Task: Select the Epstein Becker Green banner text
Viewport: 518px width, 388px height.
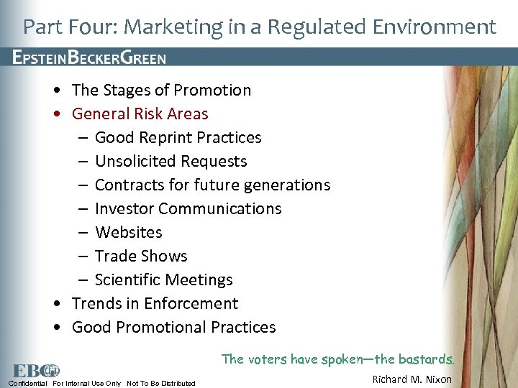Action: click(89, 58)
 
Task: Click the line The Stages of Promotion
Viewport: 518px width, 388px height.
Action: click(161, 90)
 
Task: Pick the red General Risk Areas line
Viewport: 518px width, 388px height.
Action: click(140, 114)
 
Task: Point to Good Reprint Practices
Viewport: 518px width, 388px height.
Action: click(178, 137)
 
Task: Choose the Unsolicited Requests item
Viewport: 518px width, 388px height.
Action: click(171, 161)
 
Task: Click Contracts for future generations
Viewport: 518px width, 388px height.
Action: click(212, 185)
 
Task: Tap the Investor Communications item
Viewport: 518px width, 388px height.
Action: click(188, 208)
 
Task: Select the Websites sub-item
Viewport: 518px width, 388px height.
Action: click(128, 232)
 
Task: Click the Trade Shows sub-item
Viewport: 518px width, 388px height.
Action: click(141, 256)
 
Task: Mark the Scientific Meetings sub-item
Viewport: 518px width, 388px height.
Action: click(163, 280)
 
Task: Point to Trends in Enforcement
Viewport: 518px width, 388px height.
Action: click(155, 303)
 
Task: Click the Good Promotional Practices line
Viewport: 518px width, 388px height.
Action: click(173, 327)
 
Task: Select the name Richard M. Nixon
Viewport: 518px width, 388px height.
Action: click(412, 379)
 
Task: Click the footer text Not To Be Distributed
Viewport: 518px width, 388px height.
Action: click(160, 383)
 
